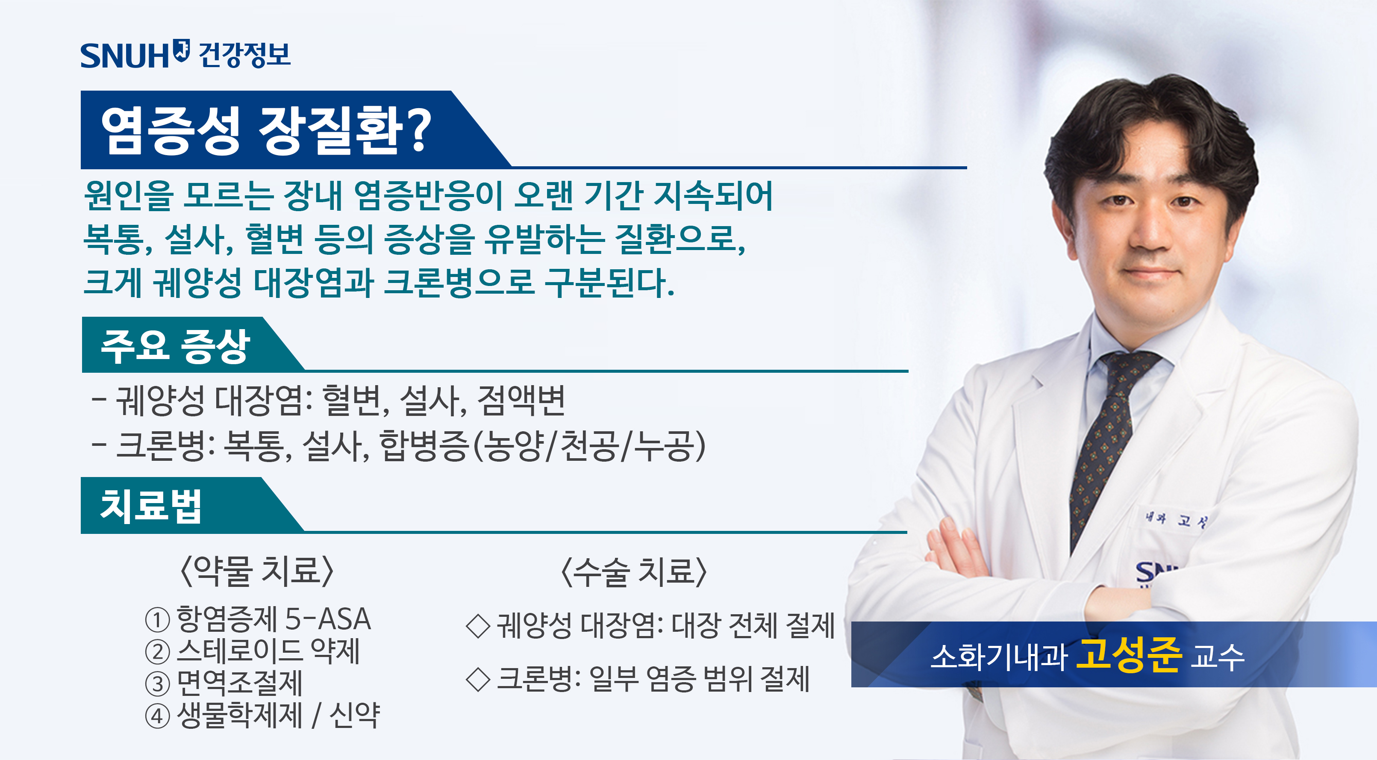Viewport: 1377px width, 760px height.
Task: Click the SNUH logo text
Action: (x=124, y=56)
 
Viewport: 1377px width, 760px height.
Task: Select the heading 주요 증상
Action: (x=175, y=347)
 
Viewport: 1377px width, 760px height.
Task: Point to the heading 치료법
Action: (x=151, y=506)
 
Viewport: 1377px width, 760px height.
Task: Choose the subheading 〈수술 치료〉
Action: (x=633, y=572)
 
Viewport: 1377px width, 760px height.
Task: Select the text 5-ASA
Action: (x=328, y=619)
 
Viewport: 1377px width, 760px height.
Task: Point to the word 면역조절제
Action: (x=239, y=683)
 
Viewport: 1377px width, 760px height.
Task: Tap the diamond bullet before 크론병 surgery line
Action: (x=478, y=680)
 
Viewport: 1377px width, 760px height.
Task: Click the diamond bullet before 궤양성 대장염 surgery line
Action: (x=478, y=626)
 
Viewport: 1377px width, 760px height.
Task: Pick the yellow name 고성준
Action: (x=1128, y=655)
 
